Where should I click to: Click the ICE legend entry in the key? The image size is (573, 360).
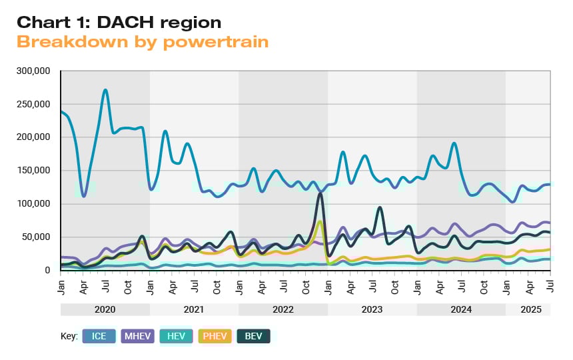pos(100,336)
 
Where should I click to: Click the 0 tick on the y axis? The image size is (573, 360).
pos(49,271)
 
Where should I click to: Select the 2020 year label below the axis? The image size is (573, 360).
pos(105,310)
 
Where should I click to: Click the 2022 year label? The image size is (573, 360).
pos(283,310)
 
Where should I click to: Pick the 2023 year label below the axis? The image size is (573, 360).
pos(372,310)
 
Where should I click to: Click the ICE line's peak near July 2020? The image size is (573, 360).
pos(105,90)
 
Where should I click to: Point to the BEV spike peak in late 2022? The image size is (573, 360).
pos(320,194)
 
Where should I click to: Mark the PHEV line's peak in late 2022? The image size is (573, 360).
pos(320,221)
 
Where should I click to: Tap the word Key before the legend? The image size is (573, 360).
pos(69,336)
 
